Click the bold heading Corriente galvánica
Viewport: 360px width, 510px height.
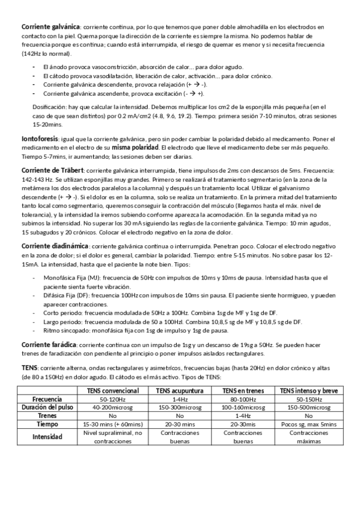50,27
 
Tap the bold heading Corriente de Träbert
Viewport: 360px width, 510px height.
53,171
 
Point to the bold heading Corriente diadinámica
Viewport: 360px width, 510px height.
55,247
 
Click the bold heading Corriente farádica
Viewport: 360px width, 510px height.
49,343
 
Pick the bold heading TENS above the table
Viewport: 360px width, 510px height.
29,367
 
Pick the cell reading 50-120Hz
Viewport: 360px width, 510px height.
112,399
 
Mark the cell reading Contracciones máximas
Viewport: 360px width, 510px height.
308,436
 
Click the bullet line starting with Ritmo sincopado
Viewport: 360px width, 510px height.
136,330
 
